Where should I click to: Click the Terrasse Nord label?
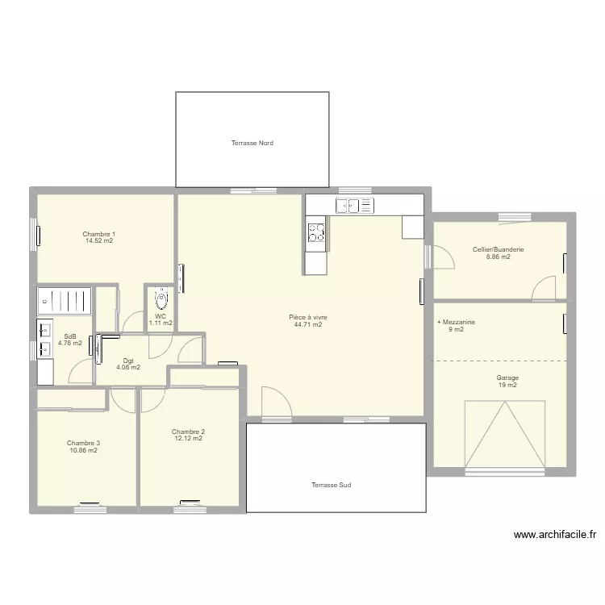252,143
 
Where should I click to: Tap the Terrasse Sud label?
332,485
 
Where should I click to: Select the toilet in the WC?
161,298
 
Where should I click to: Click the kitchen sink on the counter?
355,206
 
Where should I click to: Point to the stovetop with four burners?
316,232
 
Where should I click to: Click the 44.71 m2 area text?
308,324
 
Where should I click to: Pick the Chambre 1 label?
98,234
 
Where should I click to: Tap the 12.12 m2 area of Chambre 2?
188,438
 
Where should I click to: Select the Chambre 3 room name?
83,444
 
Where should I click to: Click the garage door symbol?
505,435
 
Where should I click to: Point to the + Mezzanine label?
456,322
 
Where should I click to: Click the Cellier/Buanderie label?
499,249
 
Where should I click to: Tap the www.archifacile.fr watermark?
555,535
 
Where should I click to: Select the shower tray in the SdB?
65,300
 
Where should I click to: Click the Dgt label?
128,361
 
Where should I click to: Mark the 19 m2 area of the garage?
507,385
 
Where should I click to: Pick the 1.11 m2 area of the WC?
161,323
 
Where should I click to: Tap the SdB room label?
70,336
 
